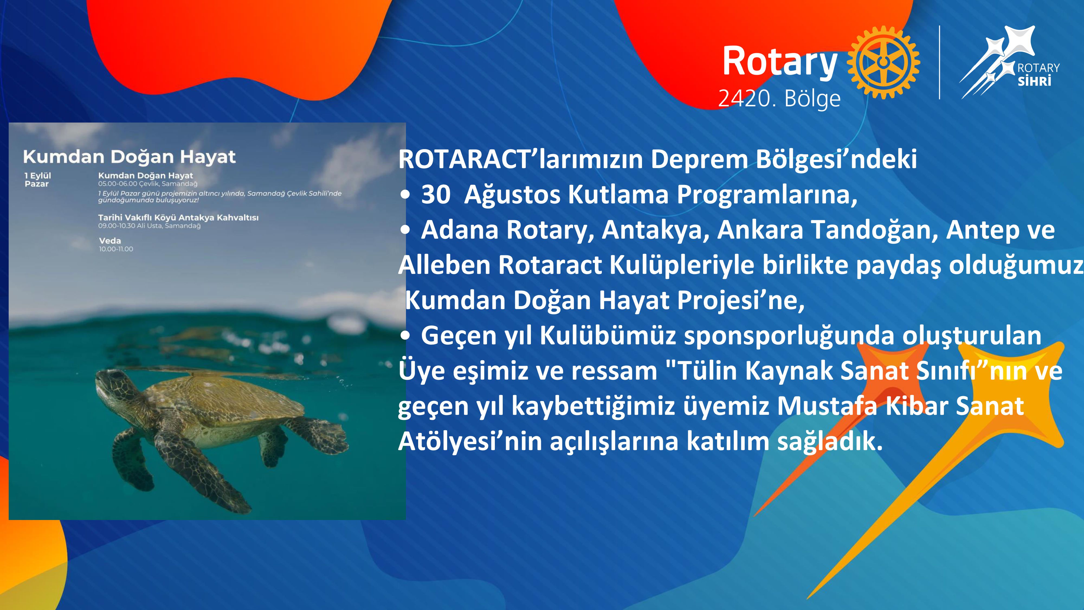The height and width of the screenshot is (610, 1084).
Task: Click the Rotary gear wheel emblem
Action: click(883, 62)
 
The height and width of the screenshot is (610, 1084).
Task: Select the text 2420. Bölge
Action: click(779, 98)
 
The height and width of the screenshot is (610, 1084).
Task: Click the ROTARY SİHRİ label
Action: click(1038, 74)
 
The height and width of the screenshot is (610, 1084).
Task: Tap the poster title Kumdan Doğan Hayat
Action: click(129, 157)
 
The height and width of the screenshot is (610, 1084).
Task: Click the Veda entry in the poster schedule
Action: click(110, 241)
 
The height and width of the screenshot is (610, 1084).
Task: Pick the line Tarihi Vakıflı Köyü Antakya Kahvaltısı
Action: click(178, 218)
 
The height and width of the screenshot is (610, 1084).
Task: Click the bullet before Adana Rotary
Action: click(405, 230)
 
